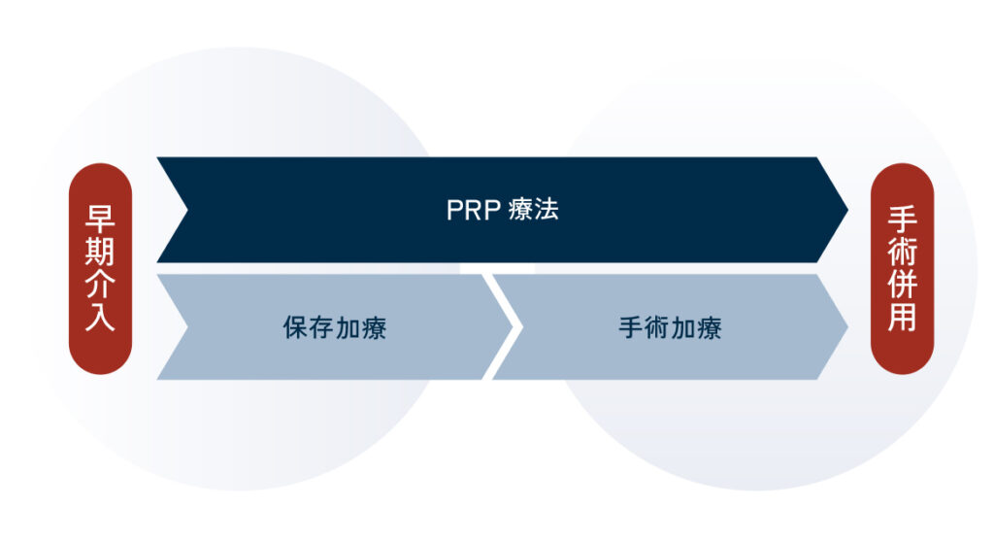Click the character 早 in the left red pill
click(100, 219)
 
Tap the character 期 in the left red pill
click(100, 252)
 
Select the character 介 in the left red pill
click(100, 284)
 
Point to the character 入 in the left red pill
click(100, 316)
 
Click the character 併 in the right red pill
click(902, 284)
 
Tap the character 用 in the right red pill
click(902, 316)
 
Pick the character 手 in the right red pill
click(902, 219)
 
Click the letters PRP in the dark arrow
click(474, 210)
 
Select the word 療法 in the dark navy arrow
click(533, 210)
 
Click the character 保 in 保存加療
click(295, 328)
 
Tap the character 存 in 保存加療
click(321, 328)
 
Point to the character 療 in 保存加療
click(374, 328)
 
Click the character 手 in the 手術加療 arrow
click(631, 328)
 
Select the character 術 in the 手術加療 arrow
click(657, 328)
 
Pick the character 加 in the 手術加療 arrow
click(683, 328)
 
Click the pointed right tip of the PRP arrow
click(847, 210)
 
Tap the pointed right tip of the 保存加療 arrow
click(513, 327)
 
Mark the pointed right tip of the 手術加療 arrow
click(847, 327)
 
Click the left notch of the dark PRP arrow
click(187, 210)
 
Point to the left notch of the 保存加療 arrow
click(187, 327)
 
